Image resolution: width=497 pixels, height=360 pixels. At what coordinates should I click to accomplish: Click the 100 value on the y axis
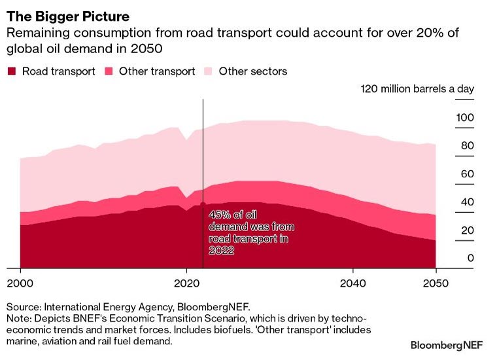tap(465, 118)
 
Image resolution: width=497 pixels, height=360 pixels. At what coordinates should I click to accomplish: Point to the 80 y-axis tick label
tap(468, 146)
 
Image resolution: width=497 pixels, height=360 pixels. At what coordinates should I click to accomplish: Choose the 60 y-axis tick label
tap(468, 174)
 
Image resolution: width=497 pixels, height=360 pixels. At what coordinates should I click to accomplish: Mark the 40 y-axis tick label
tap(468, 202)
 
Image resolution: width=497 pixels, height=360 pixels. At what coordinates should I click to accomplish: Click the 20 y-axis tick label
tap(468, 230)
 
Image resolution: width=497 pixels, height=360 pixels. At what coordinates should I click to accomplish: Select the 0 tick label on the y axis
tap(470, 259)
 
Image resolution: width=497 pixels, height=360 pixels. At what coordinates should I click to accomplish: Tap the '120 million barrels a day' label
tap(417, 90)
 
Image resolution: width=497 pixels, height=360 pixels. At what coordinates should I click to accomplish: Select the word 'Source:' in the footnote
tap(24, 306)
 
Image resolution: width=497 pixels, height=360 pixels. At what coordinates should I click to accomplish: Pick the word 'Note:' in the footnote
tap(19, 318)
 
